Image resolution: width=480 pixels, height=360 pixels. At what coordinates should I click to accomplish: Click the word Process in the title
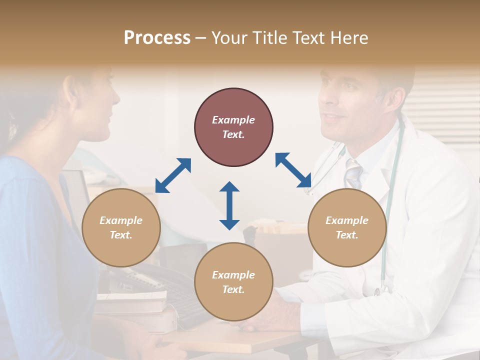point(157,38)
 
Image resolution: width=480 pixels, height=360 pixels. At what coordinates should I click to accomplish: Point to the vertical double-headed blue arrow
point(229,205)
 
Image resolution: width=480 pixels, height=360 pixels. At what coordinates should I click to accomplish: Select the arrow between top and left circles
point(173,175)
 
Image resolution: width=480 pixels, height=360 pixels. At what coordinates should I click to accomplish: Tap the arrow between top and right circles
point(293,170)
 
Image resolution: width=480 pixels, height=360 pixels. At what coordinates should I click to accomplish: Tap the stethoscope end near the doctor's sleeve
point(384,287)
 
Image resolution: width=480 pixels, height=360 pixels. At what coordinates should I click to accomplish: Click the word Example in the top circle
point(233,120)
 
